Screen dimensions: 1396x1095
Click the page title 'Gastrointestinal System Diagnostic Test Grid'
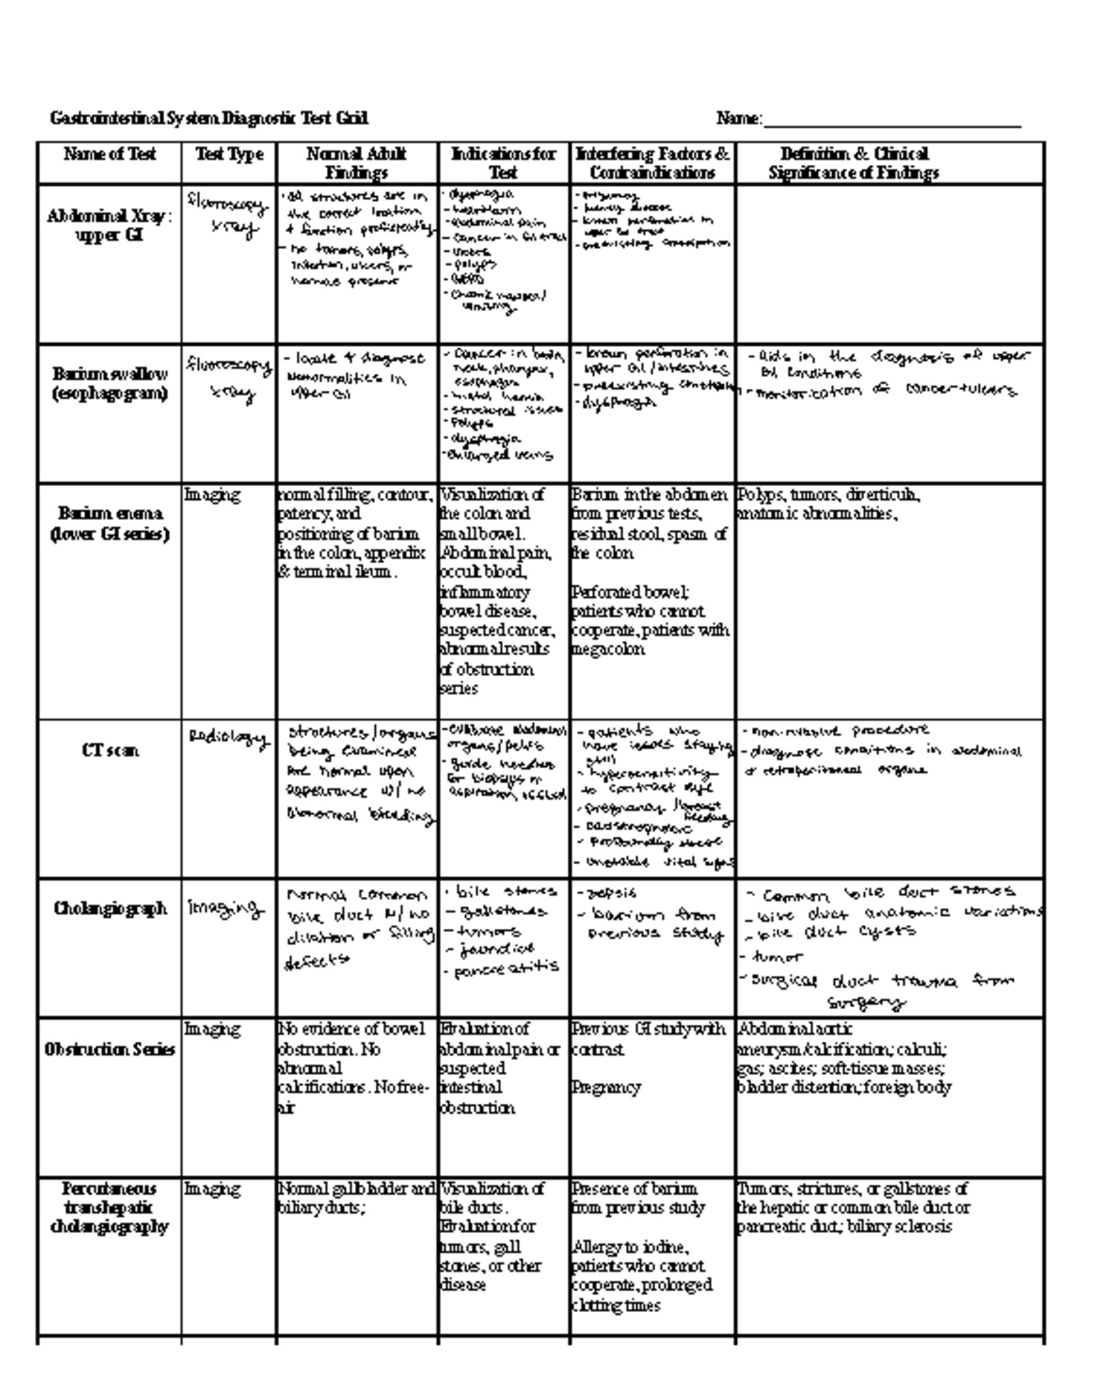coord(209,119)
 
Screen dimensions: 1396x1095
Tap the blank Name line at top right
coord(892,120)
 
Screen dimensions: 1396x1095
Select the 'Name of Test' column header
coord(109,154)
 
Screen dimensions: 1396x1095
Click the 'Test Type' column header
coord(229,154)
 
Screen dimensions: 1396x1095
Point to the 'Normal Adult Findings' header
coord(357,163)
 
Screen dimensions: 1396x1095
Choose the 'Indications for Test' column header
coord(504,163)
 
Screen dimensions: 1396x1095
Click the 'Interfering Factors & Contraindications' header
coord(652,163)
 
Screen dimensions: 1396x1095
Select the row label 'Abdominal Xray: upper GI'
coord(109,226)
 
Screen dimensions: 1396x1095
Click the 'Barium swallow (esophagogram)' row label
coord(109,384)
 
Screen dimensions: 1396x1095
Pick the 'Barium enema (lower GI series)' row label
coord(109,524)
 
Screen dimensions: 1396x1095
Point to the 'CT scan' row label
coord(109,751)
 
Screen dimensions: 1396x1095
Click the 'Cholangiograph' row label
coord(109,909)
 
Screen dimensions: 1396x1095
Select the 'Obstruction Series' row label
coord(109,1049)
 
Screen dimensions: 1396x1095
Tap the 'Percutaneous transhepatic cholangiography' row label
coord(109,1207)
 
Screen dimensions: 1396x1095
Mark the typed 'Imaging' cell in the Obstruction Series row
coord(213,1029)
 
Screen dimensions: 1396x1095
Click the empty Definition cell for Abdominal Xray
coord(890,265)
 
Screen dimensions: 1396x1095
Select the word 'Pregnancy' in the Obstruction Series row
coord(606,1088)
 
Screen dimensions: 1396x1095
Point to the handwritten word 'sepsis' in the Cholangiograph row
coord(610,893)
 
